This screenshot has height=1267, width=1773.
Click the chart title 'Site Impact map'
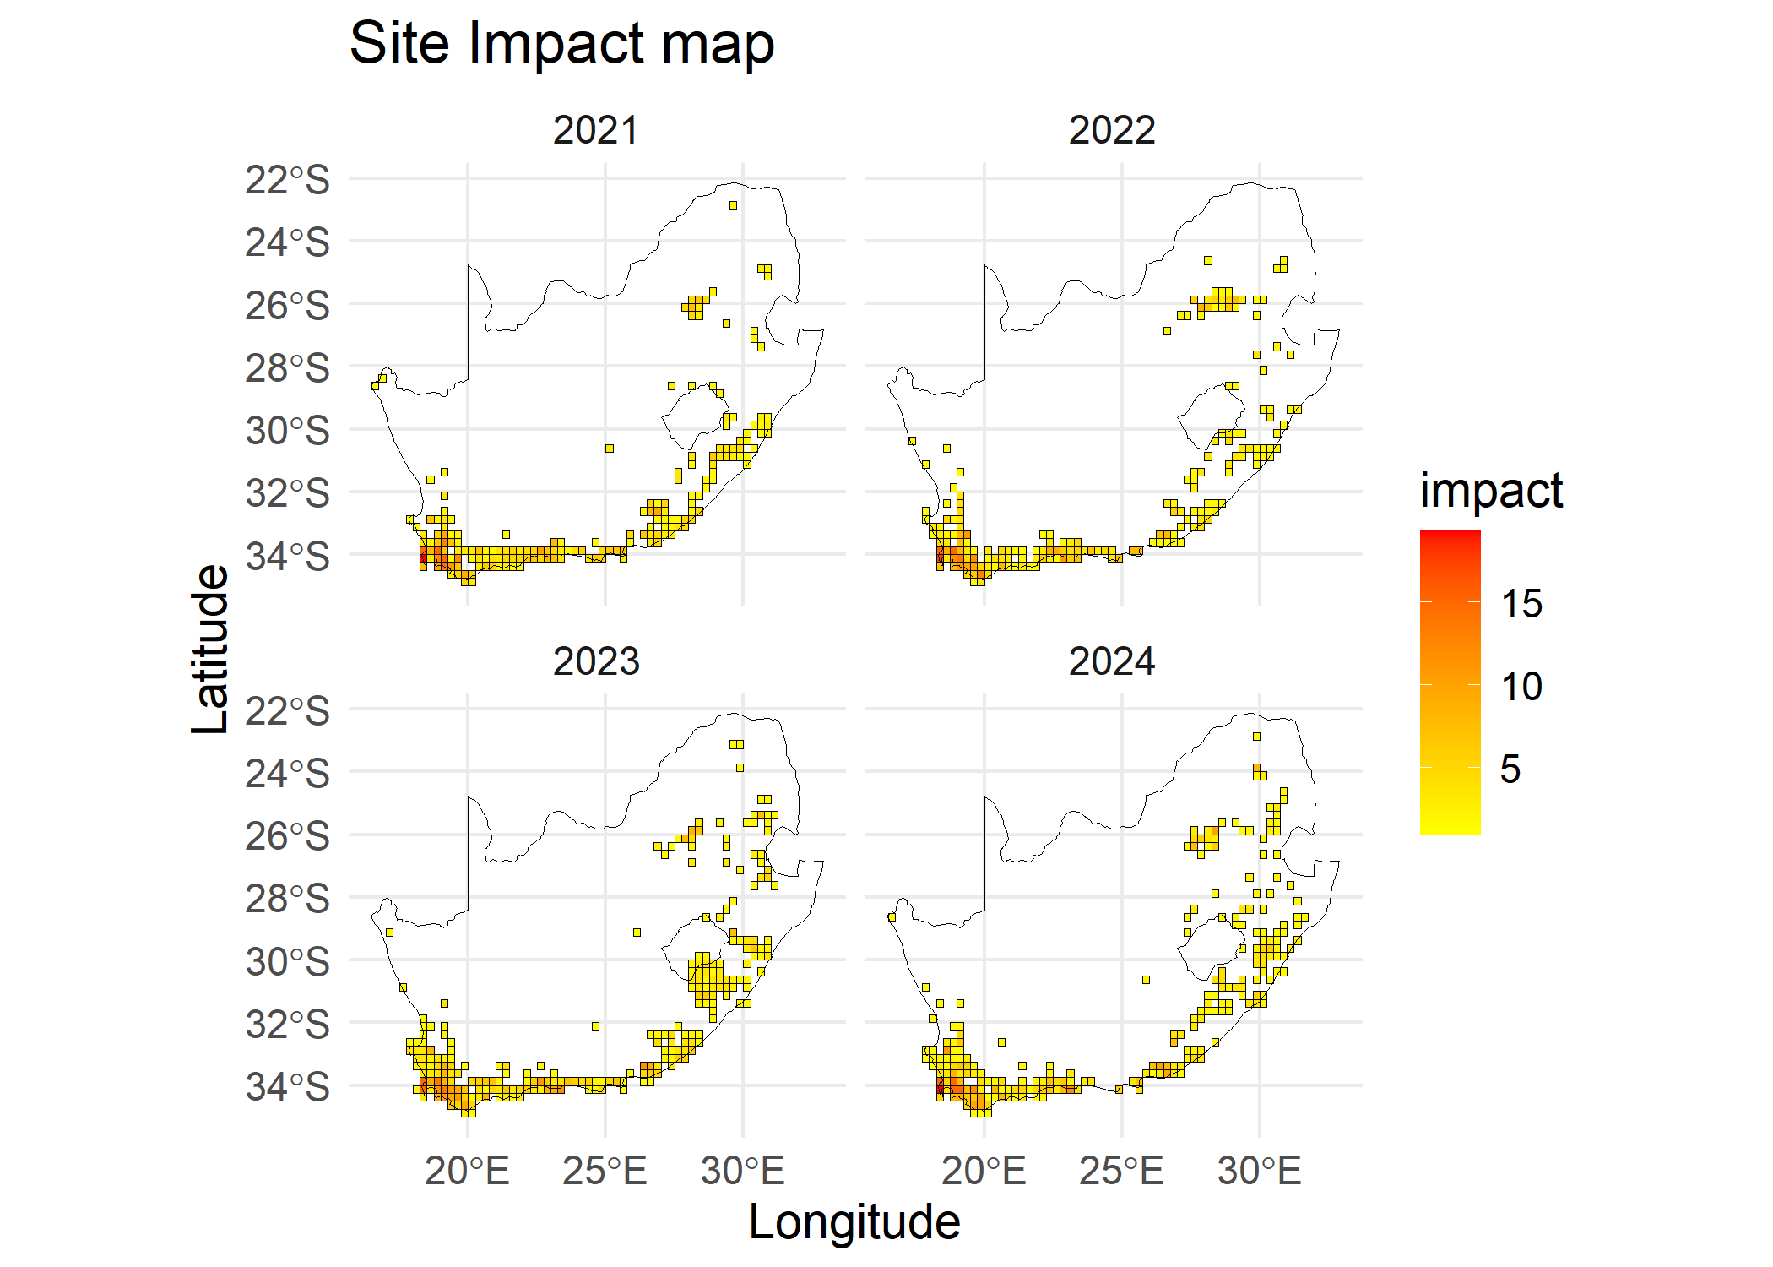point(561,44)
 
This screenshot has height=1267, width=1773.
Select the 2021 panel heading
point(596,131)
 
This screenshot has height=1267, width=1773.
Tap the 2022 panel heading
point(1112,131)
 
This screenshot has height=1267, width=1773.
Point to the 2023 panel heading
point(596,661)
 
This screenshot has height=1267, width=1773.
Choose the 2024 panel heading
point(1112,661)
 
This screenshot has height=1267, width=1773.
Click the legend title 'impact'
point(1491,491)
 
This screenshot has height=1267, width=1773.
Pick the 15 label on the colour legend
point(1521,605)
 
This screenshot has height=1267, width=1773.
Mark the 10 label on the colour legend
point(1521,687)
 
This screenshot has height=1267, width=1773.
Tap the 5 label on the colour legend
point(1510,769)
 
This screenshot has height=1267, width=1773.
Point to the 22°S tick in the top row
point(287,181)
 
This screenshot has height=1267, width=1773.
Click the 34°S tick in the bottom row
point(287,1087)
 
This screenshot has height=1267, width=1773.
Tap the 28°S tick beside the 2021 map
point(287,369)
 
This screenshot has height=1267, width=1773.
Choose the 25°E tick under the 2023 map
point(605,1172)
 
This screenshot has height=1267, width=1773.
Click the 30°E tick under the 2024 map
point(1259,1172)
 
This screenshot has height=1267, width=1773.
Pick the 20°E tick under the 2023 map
point(467,1172)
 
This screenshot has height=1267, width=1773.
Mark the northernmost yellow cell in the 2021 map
point(733,205)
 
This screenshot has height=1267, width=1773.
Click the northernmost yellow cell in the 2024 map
point(1256,737)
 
